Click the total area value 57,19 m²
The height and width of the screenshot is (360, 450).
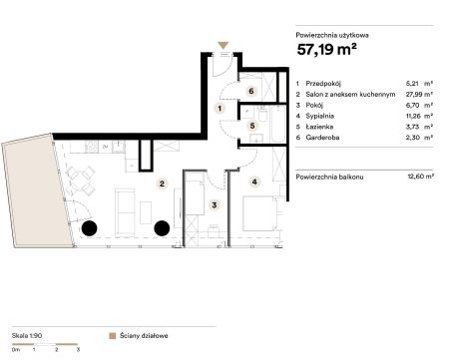(327, 50)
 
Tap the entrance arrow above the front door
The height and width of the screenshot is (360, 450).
(224, 46)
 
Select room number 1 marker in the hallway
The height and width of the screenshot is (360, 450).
(220, 109)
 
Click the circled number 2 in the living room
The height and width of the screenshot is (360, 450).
(162, 183)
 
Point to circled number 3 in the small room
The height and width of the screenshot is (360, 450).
(215, 205)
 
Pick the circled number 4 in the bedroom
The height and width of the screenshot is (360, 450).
(254, 181)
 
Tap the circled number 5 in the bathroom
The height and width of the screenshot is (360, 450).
(252, 126)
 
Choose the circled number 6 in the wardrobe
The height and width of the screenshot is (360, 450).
(251, 91)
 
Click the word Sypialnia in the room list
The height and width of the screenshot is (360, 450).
(320, 116)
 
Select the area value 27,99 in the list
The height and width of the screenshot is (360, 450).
(414, 94)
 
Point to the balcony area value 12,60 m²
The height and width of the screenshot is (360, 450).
(420, 177)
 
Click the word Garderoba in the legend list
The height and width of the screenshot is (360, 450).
(322, 138)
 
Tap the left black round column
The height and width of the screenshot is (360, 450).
(90, 228)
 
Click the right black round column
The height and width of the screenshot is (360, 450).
(162, 228)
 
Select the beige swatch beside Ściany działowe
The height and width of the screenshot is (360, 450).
(113, 336)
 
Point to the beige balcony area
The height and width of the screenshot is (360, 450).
(37, 191)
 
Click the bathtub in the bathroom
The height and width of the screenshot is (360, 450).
(278, 124)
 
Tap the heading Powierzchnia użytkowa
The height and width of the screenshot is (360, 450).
(332, 35)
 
